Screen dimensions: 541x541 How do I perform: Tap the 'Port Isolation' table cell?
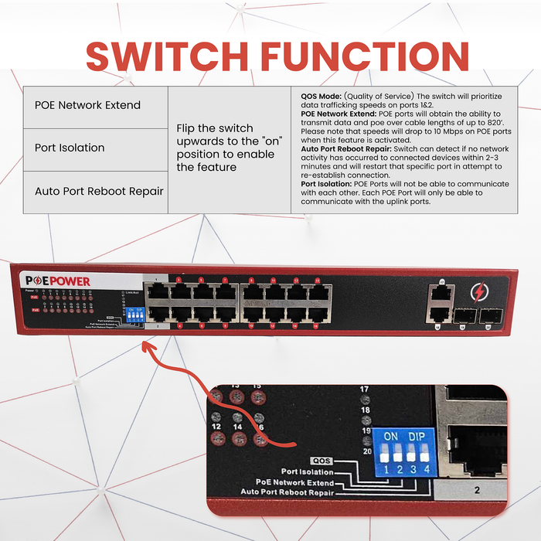[x=70, y=148]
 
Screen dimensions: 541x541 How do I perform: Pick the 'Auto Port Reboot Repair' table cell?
[x=99, y=190]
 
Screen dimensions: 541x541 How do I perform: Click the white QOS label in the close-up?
[x=321, y=460]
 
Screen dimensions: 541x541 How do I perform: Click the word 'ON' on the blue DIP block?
[x=391, y=436]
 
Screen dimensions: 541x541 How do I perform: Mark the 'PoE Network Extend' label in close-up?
[x=295, y=481]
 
